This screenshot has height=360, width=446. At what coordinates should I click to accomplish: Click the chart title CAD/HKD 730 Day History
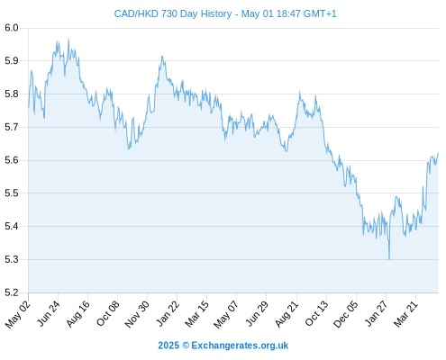[173, 13]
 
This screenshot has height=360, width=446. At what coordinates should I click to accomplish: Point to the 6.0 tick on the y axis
[12, 28]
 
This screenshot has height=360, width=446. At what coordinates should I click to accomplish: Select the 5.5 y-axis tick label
[12, 193]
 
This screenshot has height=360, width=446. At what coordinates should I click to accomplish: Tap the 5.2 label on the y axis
[12, 292]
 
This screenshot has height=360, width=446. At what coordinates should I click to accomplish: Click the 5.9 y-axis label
[12, 61]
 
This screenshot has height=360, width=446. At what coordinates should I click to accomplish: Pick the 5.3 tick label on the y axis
[12, 259]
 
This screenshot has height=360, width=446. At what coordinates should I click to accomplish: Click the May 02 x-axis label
[18, 314]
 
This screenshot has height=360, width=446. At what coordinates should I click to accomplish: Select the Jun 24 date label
[48, 313]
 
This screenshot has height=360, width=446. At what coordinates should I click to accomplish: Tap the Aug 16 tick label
[77, 313]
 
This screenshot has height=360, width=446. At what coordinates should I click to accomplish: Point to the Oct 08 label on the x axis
[107, 313]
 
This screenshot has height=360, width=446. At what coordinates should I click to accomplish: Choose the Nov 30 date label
[137, 314]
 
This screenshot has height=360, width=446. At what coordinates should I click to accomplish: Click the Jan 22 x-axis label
[168, 313]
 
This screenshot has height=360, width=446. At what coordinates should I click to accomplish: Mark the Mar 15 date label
[196, 314]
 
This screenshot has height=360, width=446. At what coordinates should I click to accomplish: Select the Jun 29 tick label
[257, 313]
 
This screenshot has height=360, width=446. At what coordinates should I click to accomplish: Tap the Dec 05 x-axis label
[346, 314]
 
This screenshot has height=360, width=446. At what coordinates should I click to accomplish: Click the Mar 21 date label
[405, 314]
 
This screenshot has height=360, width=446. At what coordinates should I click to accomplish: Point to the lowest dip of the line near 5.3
[389, 259]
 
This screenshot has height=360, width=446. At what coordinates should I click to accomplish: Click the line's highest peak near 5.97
[68, 40]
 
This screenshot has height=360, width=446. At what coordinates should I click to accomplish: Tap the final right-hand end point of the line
[438, 153]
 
